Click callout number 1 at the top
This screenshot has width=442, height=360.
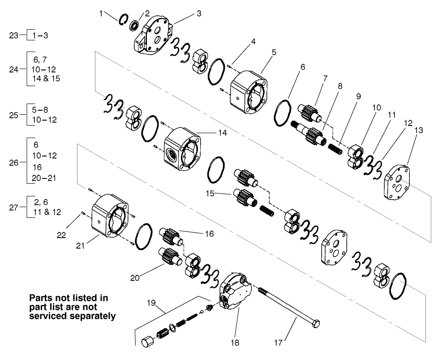[101, 13]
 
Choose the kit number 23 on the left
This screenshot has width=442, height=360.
[14, 35]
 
